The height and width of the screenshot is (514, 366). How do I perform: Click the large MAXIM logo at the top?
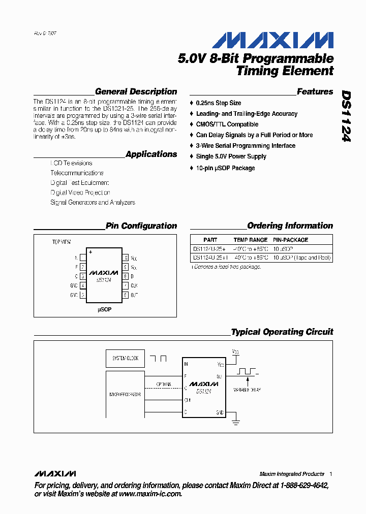tap(272, 40)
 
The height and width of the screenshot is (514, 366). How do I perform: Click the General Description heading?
tap(136, 92)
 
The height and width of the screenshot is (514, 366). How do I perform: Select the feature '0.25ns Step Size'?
tap(219, 103)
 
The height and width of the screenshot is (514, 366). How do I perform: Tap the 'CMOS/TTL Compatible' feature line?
tap(227, 124)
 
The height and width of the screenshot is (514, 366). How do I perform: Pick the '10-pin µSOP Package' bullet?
tap(225, 168)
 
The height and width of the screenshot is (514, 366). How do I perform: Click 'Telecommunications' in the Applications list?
tap(77, 173)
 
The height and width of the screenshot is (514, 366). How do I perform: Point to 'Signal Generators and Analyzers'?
tap(93, 203)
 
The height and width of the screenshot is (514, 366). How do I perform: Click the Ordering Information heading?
tap(290, 226)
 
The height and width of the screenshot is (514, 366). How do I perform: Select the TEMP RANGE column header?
tap(250, 240)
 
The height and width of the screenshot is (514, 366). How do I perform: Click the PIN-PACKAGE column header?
tap(290, 240)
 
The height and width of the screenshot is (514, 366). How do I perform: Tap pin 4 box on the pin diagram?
tap(83, 285)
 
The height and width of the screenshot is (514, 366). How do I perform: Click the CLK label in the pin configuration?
tap(134, 285)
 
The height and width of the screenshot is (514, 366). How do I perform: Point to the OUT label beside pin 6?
tap(134, 295)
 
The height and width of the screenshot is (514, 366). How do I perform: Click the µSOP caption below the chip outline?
tap(105, 309)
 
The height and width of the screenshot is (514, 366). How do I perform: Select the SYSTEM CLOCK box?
tap(125, 359)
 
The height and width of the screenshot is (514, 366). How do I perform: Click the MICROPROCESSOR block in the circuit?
tap(125, 394)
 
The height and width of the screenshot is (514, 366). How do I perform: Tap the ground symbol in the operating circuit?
tap(236, 420)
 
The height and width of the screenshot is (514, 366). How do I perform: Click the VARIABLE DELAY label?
tap(247, 390)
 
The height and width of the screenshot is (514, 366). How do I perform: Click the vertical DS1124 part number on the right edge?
tap(346, 116)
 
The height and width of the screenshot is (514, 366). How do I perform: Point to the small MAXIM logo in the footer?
tap(56, 474)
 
